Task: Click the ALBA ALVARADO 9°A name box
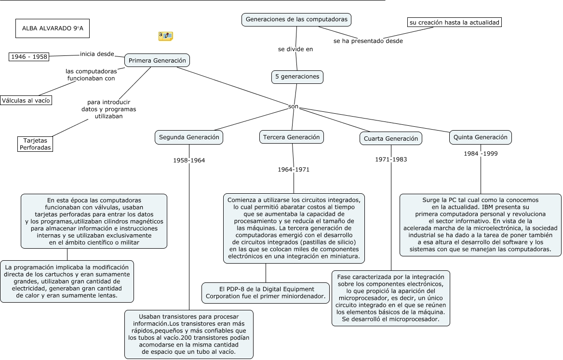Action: tap(53, 28)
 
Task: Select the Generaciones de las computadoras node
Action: tap(296, 20)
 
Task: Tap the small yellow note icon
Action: tap(165, 36)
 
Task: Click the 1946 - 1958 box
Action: tap(29, 57)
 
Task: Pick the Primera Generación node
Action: tap(157, 61)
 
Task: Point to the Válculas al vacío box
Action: tap(26, 100)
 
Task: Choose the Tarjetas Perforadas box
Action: tap(35, 144)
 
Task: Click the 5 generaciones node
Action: tap(297, 77)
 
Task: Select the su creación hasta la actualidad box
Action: tap(454, 22)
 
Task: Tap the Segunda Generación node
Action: tap(189, 137)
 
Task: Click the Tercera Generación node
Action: tap(291, 137)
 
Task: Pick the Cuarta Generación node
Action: tap(391, 139)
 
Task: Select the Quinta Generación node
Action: tap(480, 137)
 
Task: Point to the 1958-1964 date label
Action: tap(189, 160)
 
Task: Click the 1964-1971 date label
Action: tap(294, 170)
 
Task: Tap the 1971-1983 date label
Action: tap(391, 160)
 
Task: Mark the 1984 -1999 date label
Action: tap(481, 154)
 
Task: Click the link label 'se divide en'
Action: tap(295, 49)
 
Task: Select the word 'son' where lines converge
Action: tap(293, 106)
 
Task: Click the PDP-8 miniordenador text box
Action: tap(266, 293)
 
